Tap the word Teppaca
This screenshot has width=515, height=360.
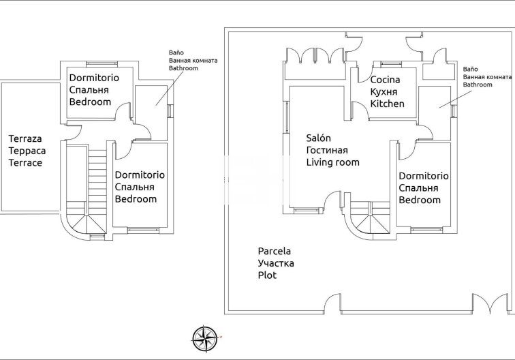click(x=25, y=151)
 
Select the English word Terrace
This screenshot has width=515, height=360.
click(x=25, y=163)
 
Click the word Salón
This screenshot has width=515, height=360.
click(x=318, y=138)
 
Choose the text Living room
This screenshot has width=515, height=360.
click(x=332, y=162)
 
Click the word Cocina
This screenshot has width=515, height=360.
click(x=385, y=80)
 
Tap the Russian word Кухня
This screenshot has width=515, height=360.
click(x=384, y=92)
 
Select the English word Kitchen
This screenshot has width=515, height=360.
click(x=387, y=104)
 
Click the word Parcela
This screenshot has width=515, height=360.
click(x=274, y=251)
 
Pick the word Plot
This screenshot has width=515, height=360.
click(x=267, y=275)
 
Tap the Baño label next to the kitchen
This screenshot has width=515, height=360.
click(x=470, y=70)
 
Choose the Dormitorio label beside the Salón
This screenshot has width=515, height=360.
click(x=423, y=175)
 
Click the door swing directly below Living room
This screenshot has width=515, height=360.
click(x=332, y=200)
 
